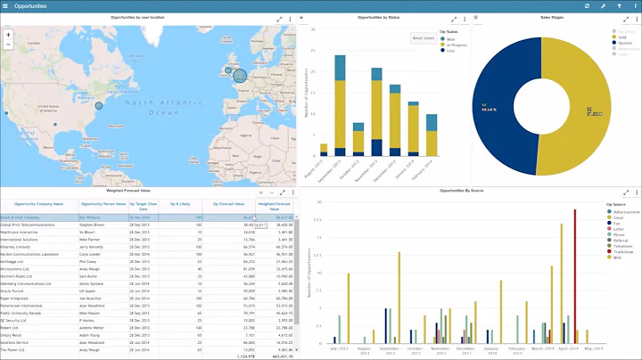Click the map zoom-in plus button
click(x=8, y=34)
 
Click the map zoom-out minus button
click(x=8, y=44)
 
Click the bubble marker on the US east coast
click(x=99, y=105)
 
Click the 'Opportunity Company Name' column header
click(x=39, y=204)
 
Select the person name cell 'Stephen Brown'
click(x=94, y=225)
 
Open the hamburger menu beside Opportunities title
click(x=6, y=6)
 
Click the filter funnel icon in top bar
click(x=618, y=6)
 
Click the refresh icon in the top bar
click(x=586, y=6)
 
